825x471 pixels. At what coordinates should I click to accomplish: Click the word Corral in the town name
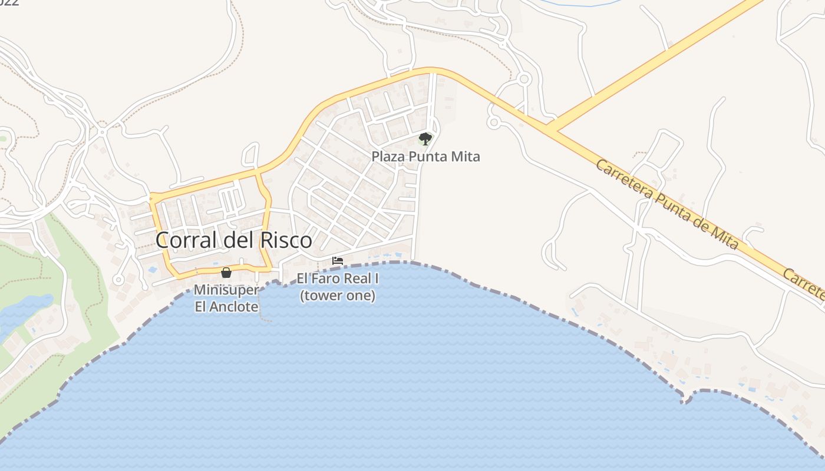click(187, 240)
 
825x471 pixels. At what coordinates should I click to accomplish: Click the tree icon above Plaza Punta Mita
click(425, 139)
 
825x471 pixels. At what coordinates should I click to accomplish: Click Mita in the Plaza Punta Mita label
click(466, 157)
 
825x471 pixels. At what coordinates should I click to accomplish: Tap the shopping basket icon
click(226, 272)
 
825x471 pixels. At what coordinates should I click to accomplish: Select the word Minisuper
click(226, 290)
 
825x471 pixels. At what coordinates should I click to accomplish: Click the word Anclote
click(235, 307)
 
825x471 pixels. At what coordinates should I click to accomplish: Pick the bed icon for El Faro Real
click(338, 260)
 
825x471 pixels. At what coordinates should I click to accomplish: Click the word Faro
click(326, 279)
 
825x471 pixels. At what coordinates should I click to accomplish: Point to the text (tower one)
click(338, 296)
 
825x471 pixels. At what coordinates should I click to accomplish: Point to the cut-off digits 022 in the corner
click(9, 2)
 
